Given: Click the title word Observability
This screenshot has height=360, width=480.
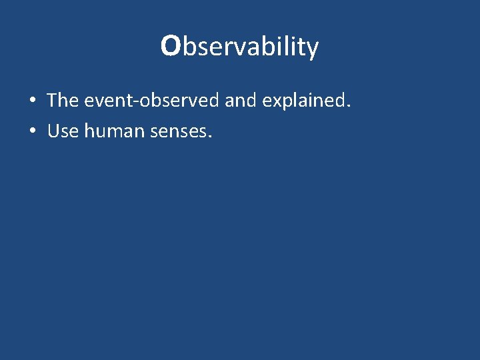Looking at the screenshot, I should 240,47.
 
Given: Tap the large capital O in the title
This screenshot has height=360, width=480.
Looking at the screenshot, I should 171,46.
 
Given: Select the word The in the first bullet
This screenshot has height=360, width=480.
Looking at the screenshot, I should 63,101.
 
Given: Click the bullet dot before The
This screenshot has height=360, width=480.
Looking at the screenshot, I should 33,102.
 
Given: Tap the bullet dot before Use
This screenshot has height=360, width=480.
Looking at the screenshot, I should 33,132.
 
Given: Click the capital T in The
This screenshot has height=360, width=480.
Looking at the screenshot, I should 53,101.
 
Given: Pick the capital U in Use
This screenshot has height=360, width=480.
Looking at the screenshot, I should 53,131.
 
